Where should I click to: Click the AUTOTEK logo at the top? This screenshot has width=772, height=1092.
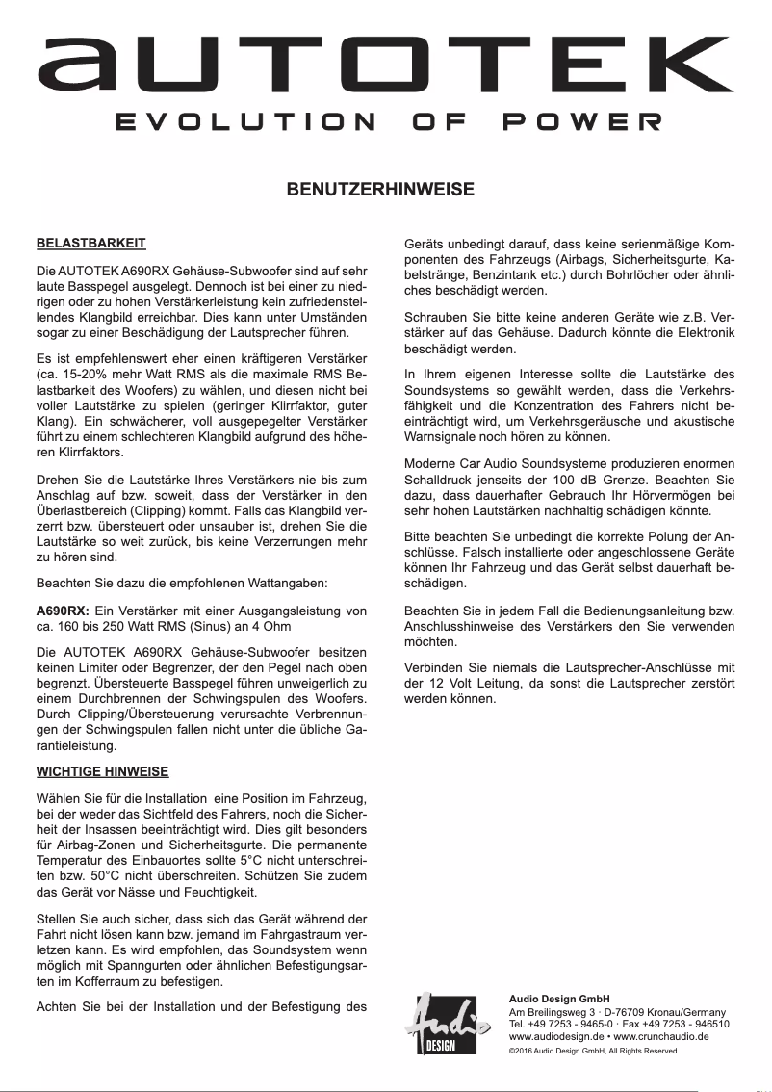pyautogui.click(x=385, y=65)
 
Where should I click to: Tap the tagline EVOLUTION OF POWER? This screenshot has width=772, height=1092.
pyautogui.click(x=385, y=122)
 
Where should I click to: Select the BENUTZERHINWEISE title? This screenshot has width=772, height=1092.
pyautogui.click(x=385, y=190)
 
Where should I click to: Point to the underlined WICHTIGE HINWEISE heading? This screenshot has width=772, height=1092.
pyautogui.click(x=102, y=771)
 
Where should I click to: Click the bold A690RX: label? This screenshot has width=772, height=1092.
pyautogui.click(x=63, y=611)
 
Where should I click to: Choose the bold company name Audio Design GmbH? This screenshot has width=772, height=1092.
pyautogui.click(x=558, y=998)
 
